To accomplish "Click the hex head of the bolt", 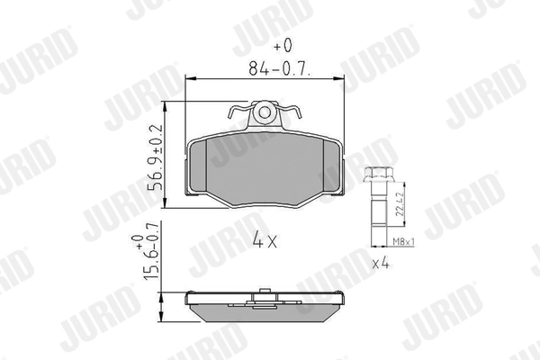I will click(377, 175).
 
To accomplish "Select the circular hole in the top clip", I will click(265, 112).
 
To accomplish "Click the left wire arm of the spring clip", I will click(238, 115).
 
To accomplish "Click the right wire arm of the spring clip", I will click(292, 115).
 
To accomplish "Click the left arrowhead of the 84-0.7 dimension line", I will click(188, 80).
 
